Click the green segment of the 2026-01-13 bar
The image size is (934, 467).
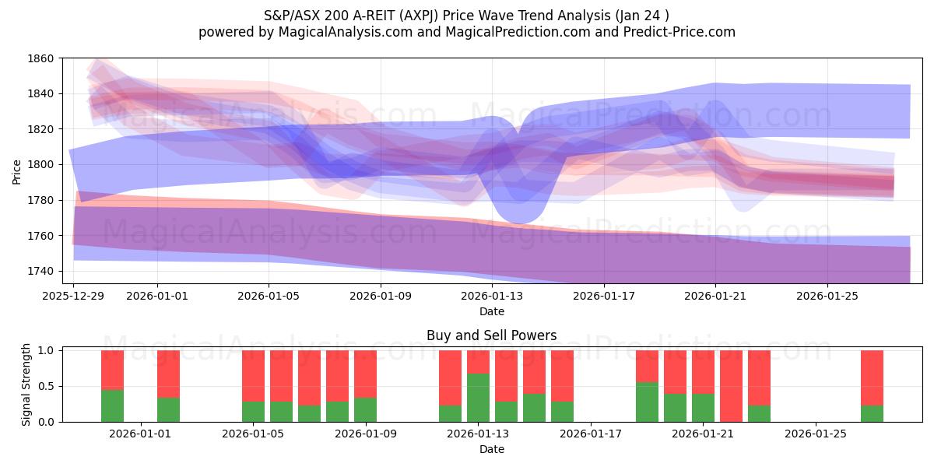[478, 398]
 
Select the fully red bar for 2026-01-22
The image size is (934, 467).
[731, 386]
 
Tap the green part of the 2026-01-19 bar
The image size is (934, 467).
[647, 402]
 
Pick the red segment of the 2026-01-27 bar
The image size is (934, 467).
[872, 377]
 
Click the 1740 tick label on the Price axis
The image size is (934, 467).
[40, 271]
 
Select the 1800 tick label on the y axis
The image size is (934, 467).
[40, 164]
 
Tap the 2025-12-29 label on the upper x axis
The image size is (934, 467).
[73, 297]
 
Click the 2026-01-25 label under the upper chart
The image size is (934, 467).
[827, 297]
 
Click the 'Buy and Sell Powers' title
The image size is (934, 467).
[491, 335]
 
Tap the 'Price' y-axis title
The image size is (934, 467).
[17, 171]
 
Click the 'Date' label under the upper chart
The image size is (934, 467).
[491, 311]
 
